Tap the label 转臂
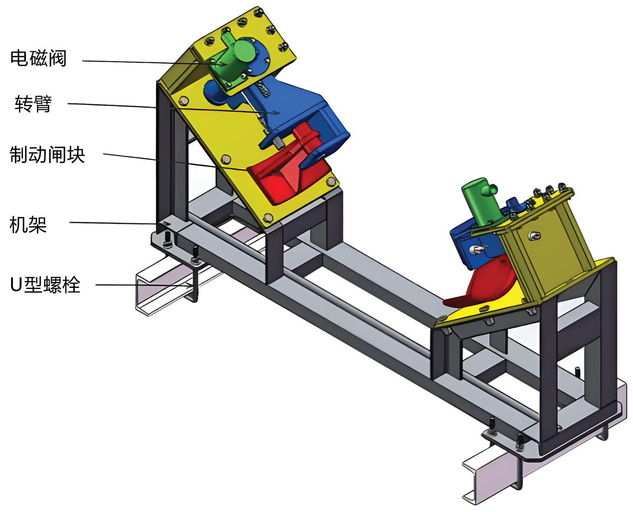click(x=33, y=104)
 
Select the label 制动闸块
click(x=47, y=154)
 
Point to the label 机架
click(x=28, y=225)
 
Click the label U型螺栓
click(x=45, y=285)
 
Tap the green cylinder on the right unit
click(x=478, y=200)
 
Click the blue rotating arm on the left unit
click(x=295, y=111)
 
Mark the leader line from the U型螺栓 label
click(x=142, y=285)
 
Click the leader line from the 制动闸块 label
click(x=158, y=160)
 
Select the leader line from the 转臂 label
click(x=158, y=108)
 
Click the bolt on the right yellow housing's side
click(x=534, y=235)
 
